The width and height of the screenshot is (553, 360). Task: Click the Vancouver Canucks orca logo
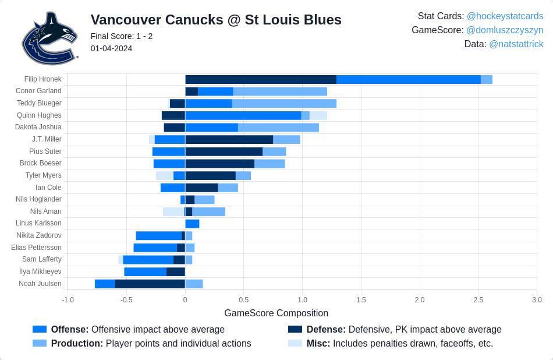(49, 38)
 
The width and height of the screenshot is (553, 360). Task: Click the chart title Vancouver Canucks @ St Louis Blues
(216, 20)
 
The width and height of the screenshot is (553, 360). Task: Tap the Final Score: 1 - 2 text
(122, 36)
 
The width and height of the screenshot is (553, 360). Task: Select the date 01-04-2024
(111, 48)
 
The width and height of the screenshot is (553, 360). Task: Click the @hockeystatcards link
(505, 16)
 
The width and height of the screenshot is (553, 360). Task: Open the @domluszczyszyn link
(505, 30)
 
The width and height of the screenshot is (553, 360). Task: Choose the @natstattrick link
(516, 44)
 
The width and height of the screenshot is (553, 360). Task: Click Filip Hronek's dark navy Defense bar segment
(261, 79)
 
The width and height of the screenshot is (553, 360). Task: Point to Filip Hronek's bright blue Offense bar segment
(408, 79)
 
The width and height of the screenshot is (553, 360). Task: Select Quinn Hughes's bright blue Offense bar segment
(243, 115)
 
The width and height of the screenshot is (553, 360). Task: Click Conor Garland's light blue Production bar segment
(280, 91)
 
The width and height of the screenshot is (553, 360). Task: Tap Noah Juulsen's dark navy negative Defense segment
(150, 284)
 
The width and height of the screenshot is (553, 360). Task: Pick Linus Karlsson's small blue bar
(192, 224)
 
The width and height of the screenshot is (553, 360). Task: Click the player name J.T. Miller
(47, 139)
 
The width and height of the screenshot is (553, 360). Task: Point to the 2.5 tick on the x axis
(478, 300)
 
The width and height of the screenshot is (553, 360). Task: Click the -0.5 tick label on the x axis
(126, 300)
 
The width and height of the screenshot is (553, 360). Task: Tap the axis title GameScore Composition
(276, 313)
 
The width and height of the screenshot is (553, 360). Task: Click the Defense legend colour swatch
(295, 329)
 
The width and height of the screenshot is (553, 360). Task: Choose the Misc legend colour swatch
(295, 344)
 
